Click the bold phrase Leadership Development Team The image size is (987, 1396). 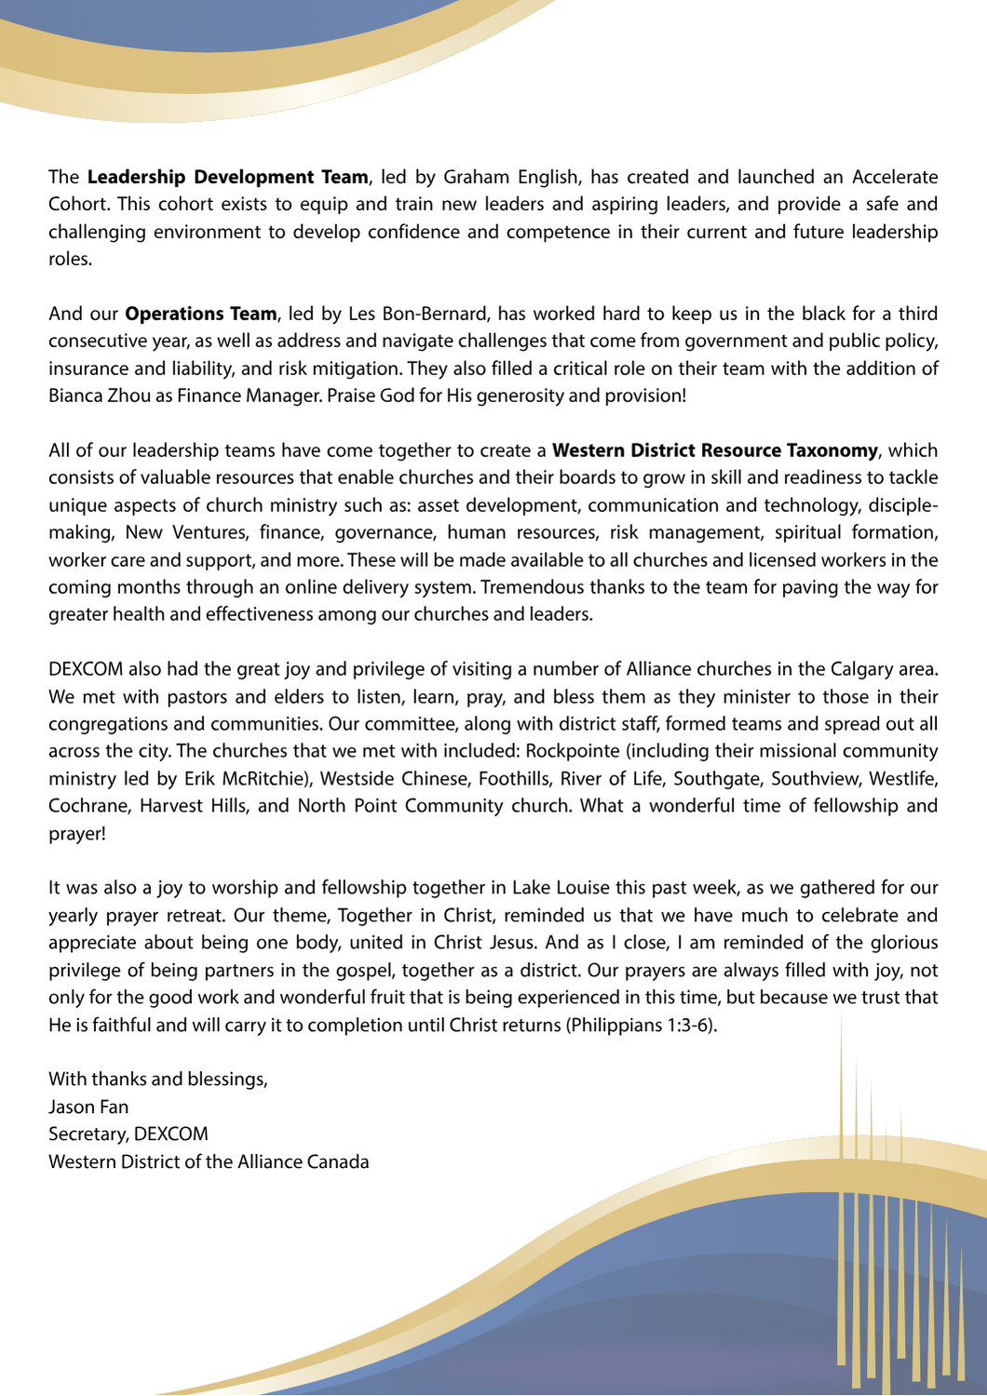pyautogui.click(x=227, y=177)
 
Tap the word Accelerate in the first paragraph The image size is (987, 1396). pyautogui.click(x=895, y=177)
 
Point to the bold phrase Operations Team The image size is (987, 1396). pyautogui.click(x=200, y=314)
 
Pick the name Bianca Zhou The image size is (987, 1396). pyautogui.click(x=99, y=396)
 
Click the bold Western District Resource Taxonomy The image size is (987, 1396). pyautogui.click(x=714, y=450)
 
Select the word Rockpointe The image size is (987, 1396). pyautogui.click(x=573, y=751)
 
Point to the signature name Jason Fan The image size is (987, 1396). pyautogui.click(x=88, y=1107)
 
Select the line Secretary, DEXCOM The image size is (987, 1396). pyautogui.click(x=128, y=1134)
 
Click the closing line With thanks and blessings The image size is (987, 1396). pyautogui.click(x=157, y=1080)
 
